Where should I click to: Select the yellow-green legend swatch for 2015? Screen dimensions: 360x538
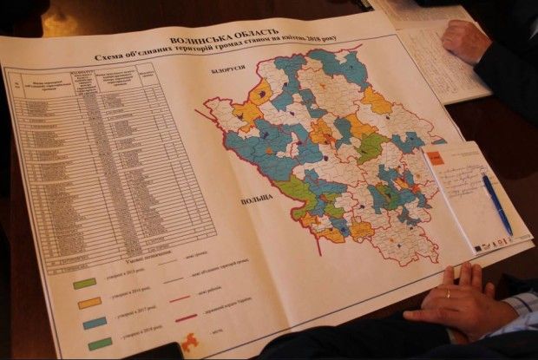(x=84, y=283)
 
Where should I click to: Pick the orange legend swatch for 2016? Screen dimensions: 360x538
(x=89, y=303)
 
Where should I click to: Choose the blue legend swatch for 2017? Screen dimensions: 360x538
(x=95, y=324)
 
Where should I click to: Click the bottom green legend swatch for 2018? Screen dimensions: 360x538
(x=101, y=344)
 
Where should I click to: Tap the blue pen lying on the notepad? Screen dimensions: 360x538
(x=496, y=204)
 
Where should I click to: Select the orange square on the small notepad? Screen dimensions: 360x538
(x=434, y=157)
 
